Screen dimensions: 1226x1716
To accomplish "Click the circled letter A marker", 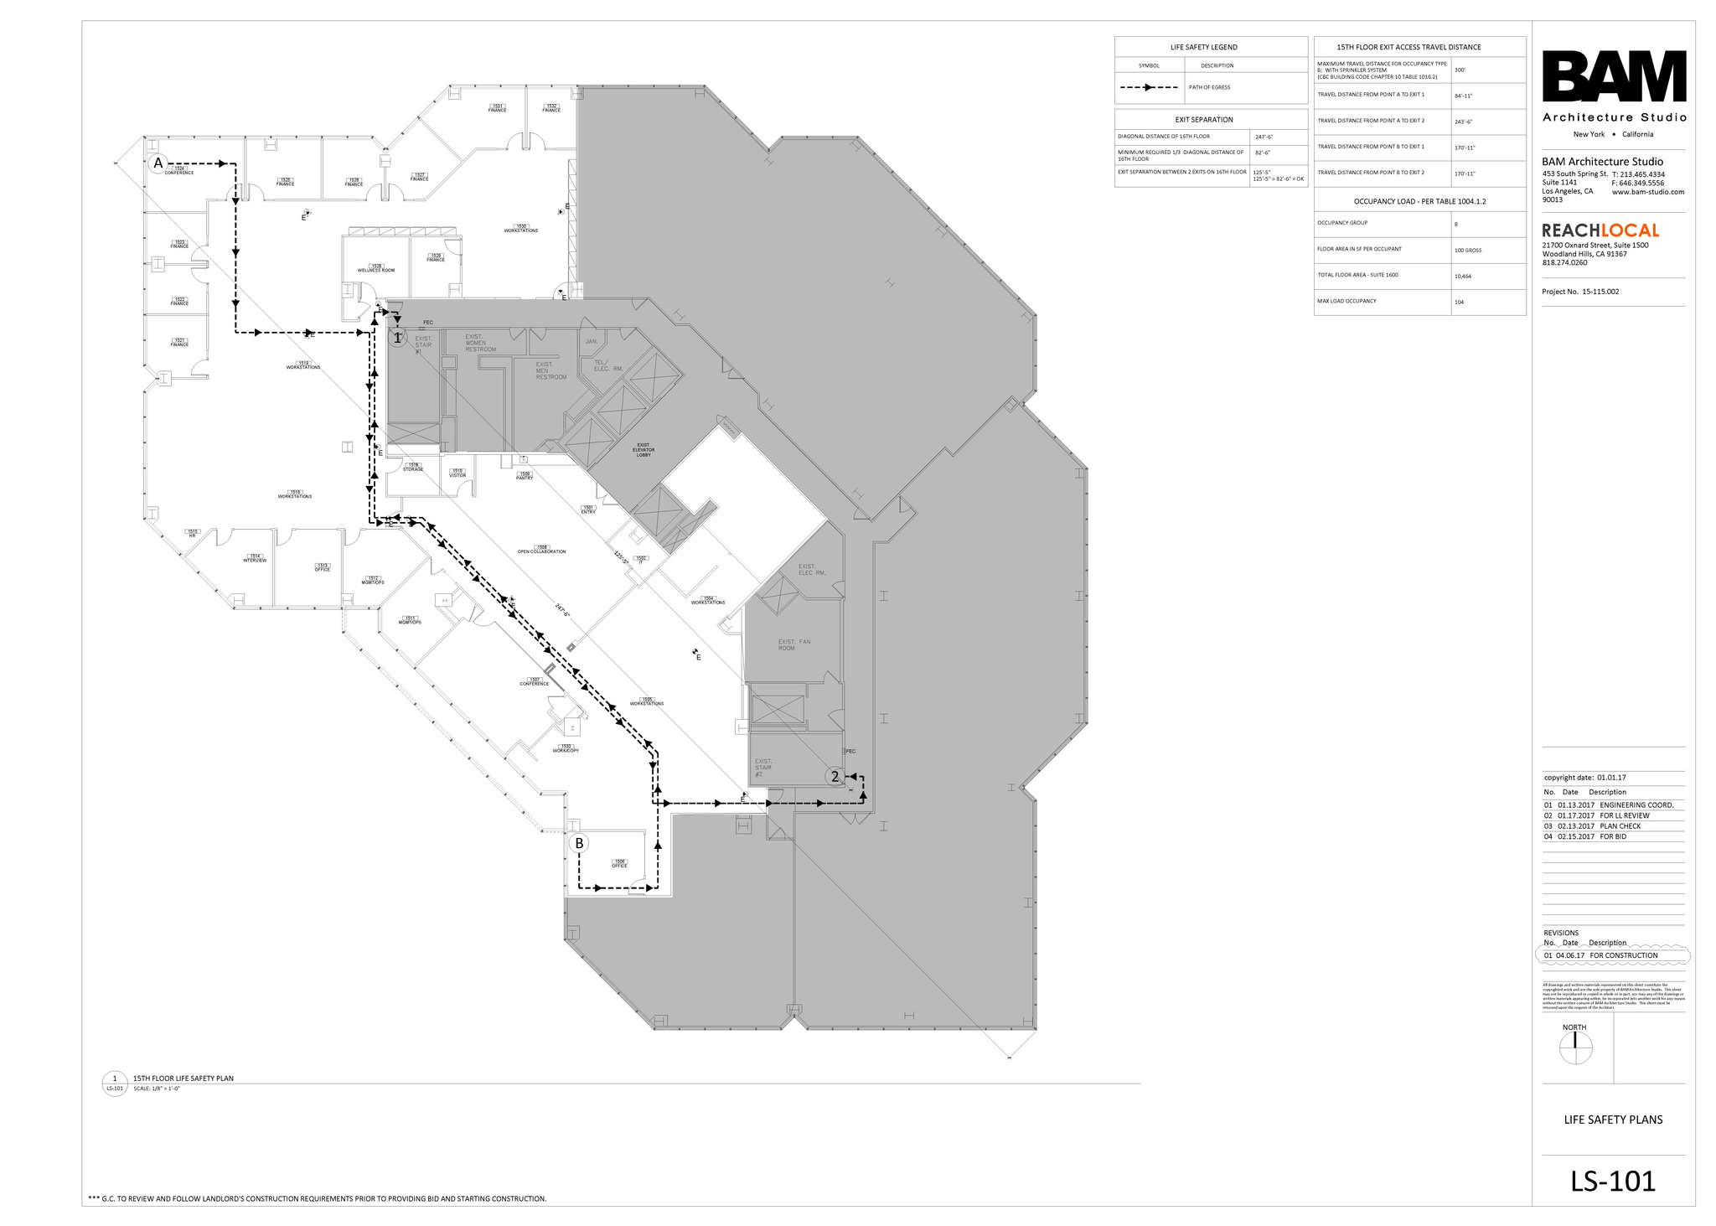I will coord(158,164).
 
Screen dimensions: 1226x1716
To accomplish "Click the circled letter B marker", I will coord(579,843).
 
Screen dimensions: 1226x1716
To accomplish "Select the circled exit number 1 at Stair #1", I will coord(397,338).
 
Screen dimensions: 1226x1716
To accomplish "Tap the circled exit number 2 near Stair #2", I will coord(834,777).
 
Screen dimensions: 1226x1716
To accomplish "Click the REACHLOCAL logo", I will coord(1600,230).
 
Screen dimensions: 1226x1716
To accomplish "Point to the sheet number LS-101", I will coord(1613,1181).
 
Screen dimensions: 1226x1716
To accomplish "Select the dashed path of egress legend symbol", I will coord(1148,87).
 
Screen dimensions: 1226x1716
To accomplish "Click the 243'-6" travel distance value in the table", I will coord(1463,122).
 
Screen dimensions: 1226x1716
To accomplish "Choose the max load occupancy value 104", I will coord(1460,302).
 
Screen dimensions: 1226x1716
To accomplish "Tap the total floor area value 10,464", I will coord(1463,276).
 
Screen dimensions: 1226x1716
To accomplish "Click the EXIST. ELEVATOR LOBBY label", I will coord(643,450).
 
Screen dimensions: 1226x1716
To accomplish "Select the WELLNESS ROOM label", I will coord(375,270).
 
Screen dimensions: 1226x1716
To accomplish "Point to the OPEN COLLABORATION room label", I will coord(541,551).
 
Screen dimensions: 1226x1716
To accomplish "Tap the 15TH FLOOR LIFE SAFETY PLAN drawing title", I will coord(183,1079).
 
